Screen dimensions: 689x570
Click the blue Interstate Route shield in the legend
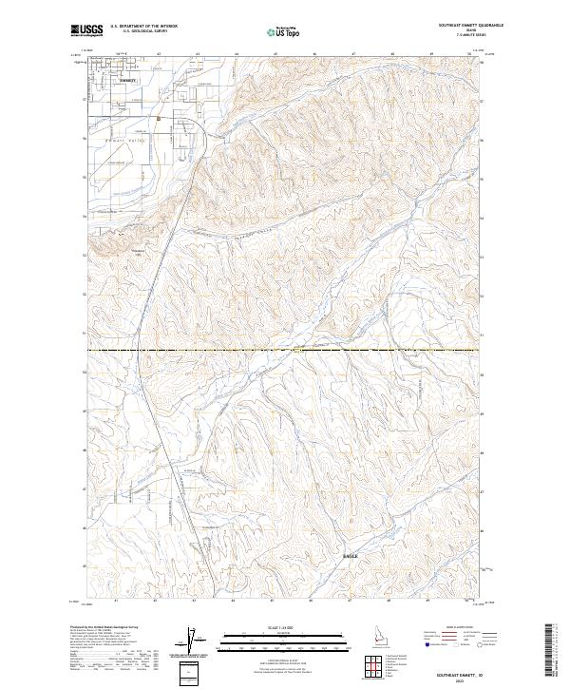tap(429, 644)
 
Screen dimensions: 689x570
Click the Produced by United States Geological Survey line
tap(103, 629)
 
